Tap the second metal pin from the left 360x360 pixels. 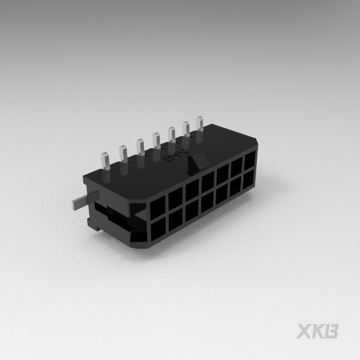[123, 154]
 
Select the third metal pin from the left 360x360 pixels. [140, 147]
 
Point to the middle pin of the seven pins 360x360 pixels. [156, 140]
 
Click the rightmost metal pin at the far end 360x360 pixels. [199, 123]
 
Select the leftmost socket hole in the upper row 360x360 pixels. [157, 209]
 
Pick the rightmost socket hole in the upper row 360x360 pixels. [250, 161]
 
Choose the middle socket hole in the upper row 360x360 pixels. [208, 183]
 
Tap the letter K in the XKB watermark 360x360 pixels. [319, 331]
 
